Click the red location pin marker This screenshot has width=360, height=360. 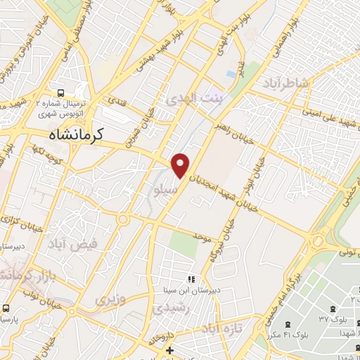pyautogui.click(x=181, y=165)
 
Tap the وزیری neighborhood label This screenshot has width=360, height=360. pyautogui.click(x=111, y=300)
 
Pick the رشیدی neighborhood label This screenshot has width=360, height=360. pyautogui.click(x=170, y=308)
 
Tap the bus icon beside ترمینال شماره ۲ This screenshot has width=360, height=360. pyautogui.click(x=61, y=93)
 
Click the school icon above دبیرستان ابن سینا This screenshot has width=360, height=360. pyautogui.click(x=191, y=279)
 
